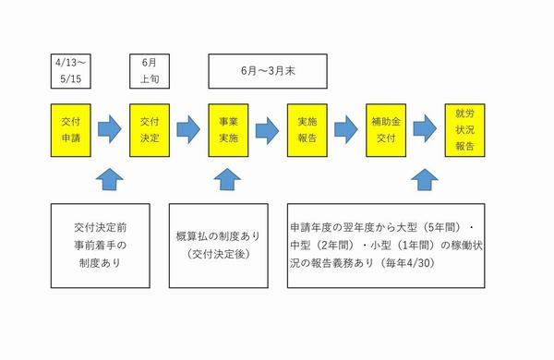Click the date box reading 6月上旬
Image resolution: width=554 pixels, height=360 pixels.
coord(149,70)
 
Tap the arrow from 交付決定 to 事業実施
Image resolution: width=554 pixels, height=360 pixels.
coord(188,126)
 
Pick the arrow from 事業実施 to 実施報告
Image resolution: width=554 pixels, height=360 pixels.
coord(267,126)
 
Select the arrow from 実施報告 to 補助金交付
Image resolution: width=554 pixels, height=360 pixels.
coord(346,126)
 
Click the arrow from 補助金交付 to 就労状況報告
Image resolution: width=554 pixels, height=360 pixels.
coord(426,126)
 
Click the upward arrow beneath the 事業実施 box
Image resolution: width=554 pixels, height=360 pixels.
coord(227,177)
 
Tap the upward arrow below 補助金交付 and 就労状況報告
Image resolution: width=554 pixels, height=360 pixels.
coord(426,177)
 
